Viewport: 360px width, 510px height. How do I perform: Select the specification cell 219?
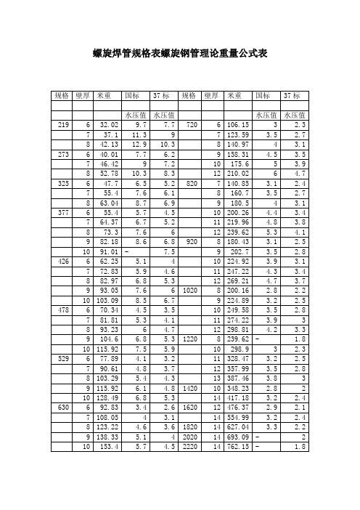[x=60, y=126]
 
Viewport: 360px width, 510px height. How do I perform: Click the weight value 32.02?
[x=108, y=126]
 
